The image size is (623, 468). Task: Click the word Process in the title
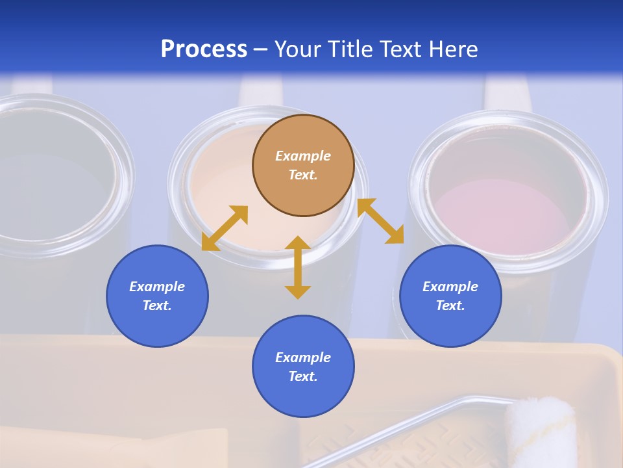click(x=204, y=49)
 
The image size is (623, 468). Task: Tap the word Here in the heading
click(x=452, y=49)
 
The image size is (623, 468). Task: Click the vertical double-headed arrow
click(x=298, y=267)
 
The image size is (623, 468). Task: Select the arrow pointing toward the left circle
click(x=225, y=228)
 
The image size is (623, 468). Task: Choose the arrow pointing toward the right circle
click(x=380, y=221)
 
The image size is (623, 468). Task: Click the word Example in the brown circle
click(x=303, y=156)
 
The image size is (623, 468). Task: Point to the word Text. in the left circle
click(x=157, y=305)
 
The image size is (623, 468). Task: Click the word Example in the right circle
click(x=450, y=287)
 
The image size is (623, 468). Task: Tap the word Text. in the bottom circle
click(x=303, y=376)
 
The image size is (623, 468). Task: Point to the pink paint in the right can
click(x=500, y=208)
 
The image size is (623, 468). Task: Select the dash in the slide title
click(x=261, y=50)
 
